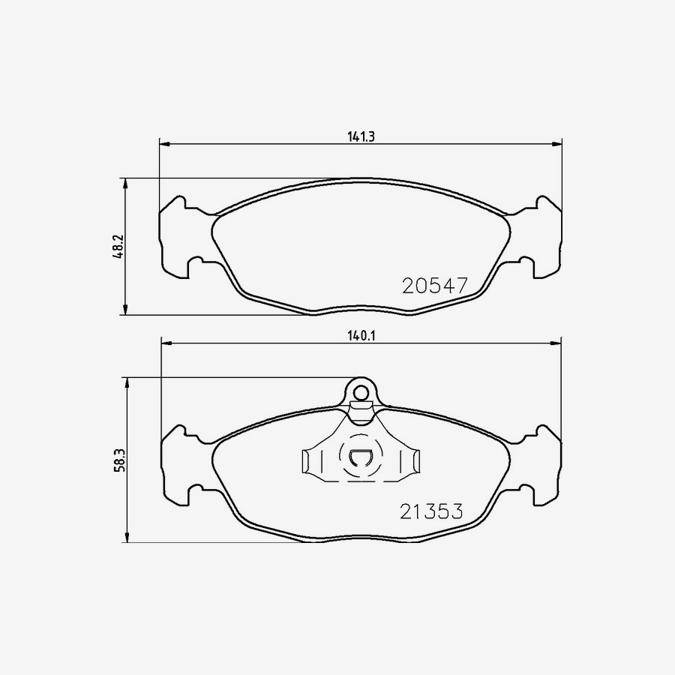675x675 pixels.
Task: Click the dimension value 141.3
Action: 360,136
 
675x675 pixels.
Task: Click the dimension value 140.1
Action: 360,337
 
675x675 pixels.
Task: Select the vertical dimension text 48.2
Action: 118,247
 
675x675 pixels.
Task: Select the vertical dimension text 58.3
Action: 118,460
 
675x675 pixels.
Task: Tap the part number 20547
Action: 435,285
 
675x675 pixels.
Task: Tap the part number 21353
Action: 430,511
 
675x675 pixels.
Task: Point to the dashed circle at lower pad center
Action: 360,457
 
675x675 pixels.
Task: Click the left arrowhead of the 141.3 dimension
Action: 164,143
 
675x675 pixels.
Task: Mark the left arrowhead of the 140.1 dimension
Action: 167,343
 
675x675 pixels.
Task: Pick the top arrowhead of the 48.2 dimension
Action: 126,183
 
